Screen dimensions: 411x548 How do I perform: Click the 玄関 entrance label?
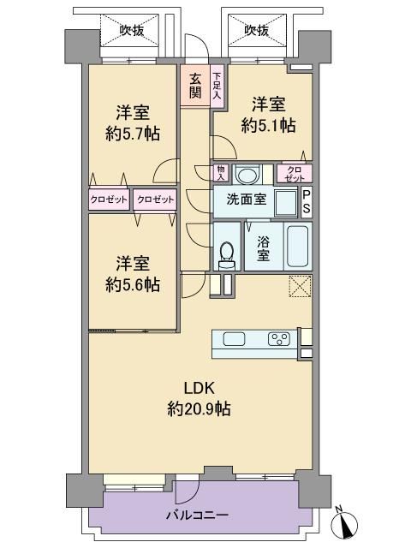[x=195, y=86]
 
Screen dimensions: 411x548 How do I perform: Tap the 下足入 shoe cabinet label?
[x=217, y=85]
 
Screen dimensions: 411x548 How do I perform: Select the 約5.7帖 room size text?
[x=133, y=134]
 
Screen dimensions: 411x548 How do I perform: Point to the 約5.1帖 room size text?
[x=268, y=126]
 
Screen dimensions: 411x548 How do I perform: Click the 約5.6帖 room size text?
[x=133, y=285]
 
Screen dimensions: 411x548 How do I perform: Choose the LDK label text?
[x=199, y=388]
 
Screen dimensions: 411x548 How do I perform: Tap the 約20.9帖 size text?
[x=199, y=408]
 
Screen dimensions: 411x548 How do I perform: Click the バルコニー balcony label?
[x=197, y=515]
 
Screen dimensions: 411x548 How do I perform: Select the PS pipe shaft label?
[x=307, y=202]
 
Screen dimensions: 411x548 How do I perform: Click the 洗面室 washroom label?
[x=247, y=200]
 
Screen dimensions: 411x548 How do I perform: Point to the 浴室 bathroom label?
[x=263, y=248]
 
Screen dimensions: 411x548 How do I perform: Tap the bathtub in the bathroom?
[x=297, y=246]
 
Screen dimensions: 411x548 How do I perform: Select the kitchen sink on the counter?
[x=234, y=339]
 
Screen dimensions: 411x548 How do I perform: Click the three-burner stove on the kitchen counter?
[x=279, y=339]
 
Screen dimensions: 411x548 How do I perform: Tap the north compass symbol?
[x=344, y=521]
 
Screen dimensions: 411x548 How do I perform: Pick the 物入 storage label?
[x=221, y=173]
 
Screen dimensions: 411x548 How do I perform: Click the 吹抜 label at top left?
[x=132, y=31]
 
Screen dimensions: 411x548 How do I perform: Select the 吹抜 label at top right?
[x=257, y=31]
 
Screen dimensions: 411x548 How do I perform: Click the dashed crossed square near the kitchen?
[x=300, y=287]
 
